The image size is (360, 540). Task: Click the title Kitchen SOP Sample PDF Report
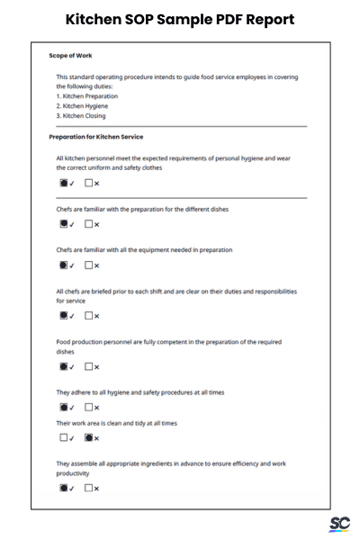click(x=180, y=19)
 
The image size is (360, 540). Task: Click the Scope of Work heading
click(x=70, y=56)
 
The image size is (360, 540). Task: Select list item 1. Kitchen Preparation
click(x=86, y=96)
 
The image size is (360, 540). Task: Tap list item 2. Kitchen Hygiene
click(x=82, y=106)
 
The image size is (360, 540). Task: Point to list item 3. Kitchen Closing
click(x=81, y=116)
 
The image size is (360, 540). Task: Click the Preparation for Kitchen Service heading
click(x=95, y=137)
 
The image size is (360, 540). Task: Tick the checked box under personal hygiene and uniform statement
click(x=64, y=184)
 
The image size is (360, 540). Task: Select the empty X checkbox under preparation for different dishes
click(x=89, y=224)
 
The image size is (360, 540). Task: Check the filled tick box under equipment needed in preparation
click(x=64, y=265)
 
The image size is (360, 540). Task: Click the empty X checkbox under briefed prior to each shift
click(x=89, y=316)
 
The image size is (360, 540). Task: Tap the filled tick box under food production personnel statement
click(x=64, y=366)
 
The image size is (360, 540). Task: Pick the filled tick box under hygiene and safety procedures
click(x=64, y=408)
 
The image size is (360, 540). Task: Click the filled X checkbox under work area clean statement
click(x=89, y=438)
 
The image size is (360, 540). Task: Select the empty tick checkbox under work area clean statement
click(x=64, y=438)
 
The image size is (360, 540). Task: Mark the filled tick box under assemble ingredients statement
click(x=64, y=489)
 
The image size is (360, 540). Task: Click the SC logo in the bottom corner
click(x=339, y=524)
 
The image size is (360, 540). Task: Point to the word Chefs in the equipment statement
click(x=65, y=250)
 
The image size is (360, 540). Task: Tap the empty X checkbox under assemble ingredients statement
click(x=89, y=489)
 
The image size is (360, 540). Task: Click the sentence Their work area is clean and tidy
click(x=116, y=423)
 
